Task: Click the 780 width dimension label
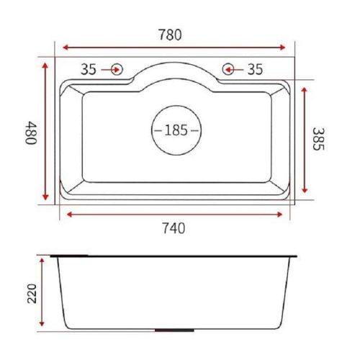170,35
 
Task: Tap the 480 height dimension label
31,132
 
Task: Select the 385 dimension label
318,139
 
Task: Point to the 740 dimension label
174,228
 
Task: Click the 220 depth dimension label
32,294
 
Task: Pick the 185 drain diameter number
176,130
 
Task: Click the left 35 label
89,69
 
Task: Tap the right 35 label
255,69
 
